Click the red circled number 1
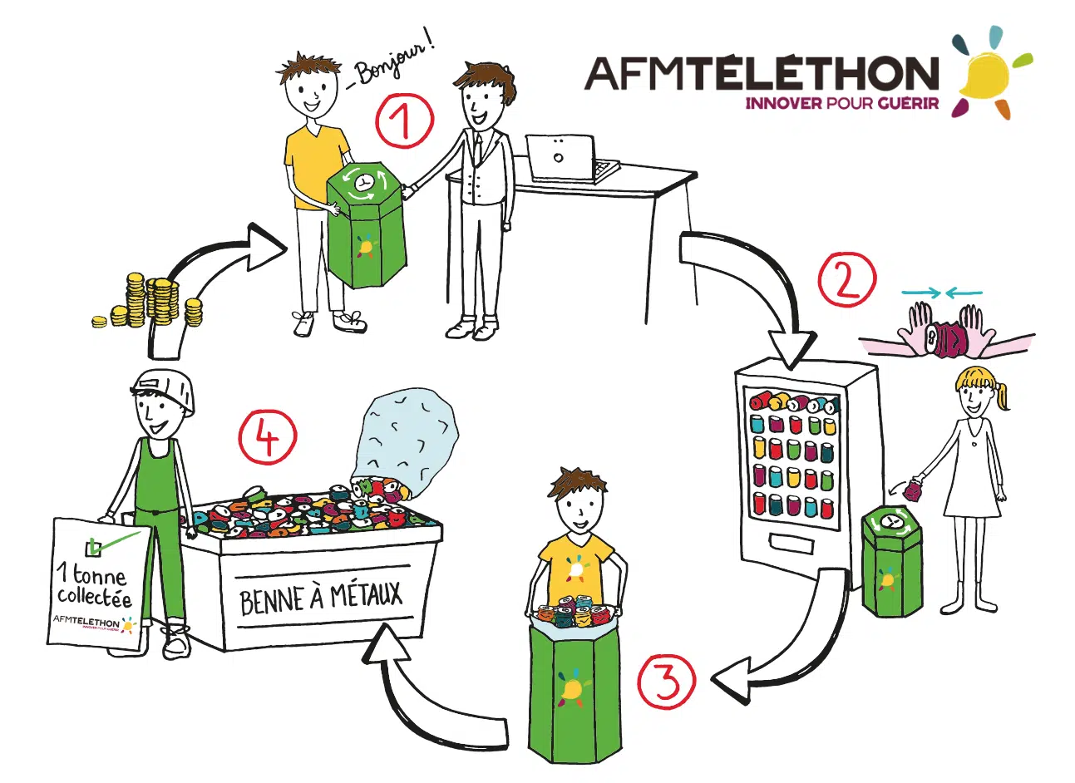pos(404,120)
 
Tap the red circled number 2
pos(846,280)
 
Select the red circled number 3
pos(666,682)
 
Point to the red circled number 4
pos(268,436)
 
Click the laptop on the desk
pos(571,158)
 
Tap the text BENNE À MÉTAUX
pos(321,598)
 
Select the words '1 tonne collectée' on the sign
pos(94,585)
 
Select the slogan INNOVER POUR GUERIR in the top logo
pos(842,103)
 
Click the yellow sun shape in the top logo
pos(983,72)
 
